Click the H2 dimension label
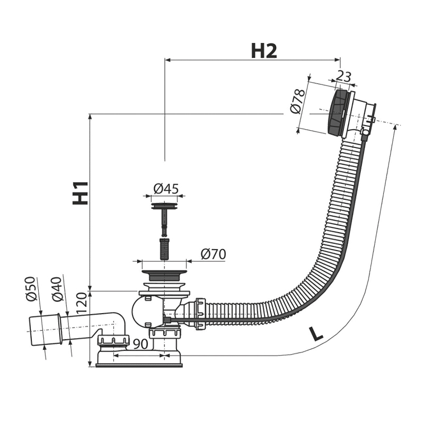click(263, 51)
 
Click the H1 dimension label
click(81, 193)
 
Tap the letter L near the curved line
click(315, 334)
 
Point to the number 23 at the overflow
click(343, 76)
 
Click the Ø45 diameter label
click(166, 189)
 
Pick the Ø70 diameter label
click(214, 254)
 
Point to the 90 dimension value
click(140, 343)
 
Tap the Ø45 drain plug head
click(164, 206)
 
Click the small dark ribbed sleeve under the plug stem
click(164, 248)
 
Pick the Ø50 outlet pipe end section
click(45, 330)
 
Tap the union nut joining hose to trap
click(200, 313)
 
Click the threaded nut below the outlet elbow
click(113, 340)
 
